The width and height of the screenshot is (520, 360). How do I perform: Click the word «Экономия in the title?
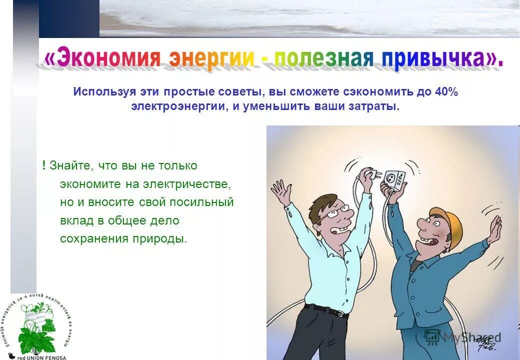pyautogui.click(x=102, y=59)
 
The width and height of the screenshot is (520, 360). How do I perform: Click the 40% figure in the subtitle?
pyautogui.click(x=446, y=92)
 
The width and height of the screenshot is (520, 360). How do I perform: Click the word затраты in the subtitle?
pyautogui.click(x=381, y=107)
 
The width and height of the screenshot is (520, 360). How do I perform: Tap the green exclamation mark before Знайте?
pyautogui.click(x=44, y=165)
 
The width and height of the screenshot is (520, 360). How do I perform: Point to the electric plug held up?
pyautogui.click(x=372, y=174)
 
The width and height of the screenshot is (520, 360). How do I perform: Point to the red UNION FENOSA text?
pyautogui.click(x=42, y=357)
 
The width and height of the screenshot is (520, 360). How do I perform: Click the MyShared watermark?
pyautogui.click(x=462, y=337)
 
